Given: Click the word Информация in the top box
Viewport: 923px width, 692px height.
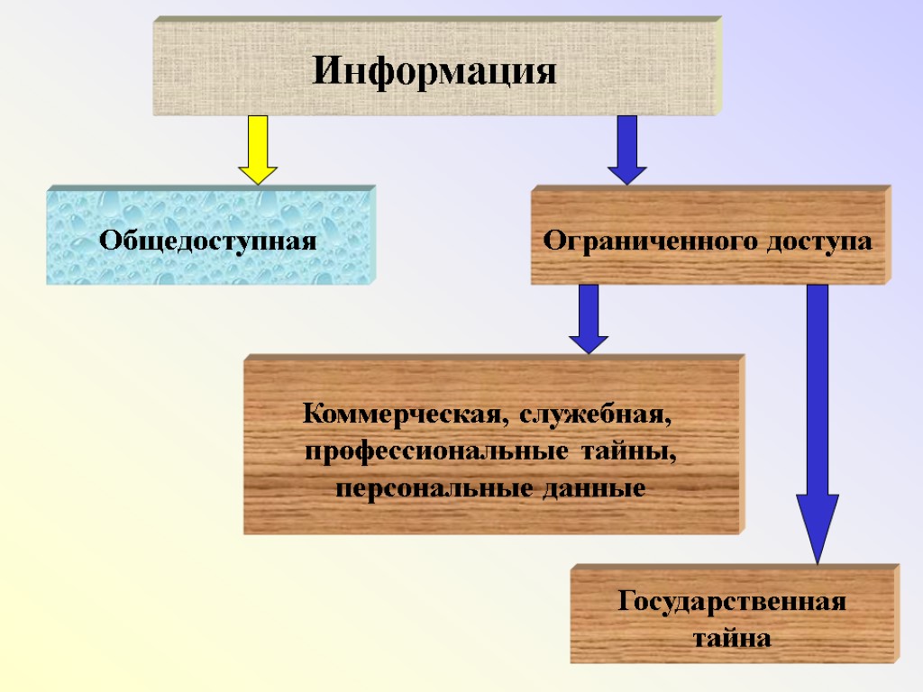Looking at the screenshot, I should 434,71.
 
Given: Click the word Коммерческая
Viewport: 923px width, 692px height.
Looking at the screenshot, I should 401,415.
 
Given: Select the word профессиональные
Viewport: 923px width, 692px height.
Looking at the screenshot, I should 436,451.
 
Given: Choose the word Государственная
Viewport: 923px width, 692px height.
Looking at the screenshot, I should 732,602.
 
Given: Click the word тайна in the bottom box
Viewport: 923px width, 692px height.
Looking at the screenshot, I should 732,639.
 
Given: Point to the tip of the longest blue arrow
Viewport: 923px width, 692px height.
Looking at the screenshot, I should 817,560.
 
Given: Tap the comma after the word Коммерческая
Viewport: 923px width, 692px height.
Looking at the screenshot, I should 503,422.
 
